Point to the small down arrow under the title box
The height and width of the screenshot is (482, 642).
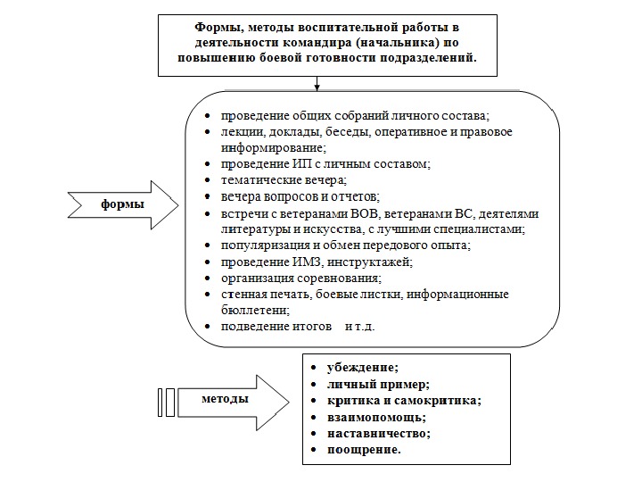[x=317, y=87]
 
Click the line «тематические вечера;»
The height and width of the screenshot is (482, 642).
[x=271, y=180]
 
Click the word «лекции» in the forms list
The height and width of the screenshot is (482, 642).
[x=240, y=132]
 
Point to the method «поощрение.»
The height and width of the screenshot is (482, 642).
[x=358, y=449]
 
